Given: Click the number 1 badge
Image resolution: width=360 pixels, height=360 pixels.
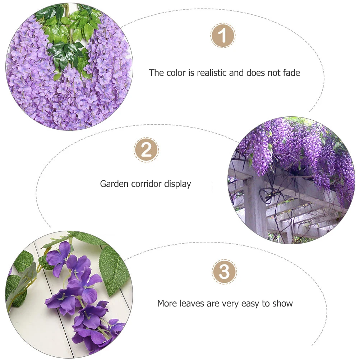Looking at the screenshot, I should tap(223, 36).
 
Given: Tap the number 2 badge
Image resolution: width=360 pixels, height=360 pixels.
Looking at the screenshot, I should tap(146, 150).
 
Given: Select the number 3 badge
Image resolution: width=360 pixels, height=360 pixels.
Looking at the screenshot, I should tap(224, 272).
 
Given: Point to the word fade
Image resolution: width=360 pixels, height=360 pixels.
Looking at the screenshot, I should tap(291, 73).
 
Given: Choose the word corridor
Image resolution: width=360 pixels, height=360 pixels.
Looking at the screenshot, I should tap(146, 184).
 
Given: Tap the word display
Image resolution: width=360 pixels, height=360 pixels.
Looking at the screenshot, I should tap(178, 184).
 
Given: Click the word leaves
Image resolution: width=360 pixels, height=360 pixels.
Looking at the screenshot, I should tap(192, 304).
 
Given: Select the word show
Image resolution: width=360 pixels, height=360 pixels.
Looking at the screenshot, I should tap(282, 304).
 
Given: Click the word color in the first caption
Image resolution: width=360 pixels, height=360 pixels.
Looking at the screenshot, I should tap(176, 73).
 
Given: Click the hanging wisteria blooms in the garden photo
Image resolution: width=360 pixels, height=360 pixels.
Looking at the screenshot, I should tap(295, 151).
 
